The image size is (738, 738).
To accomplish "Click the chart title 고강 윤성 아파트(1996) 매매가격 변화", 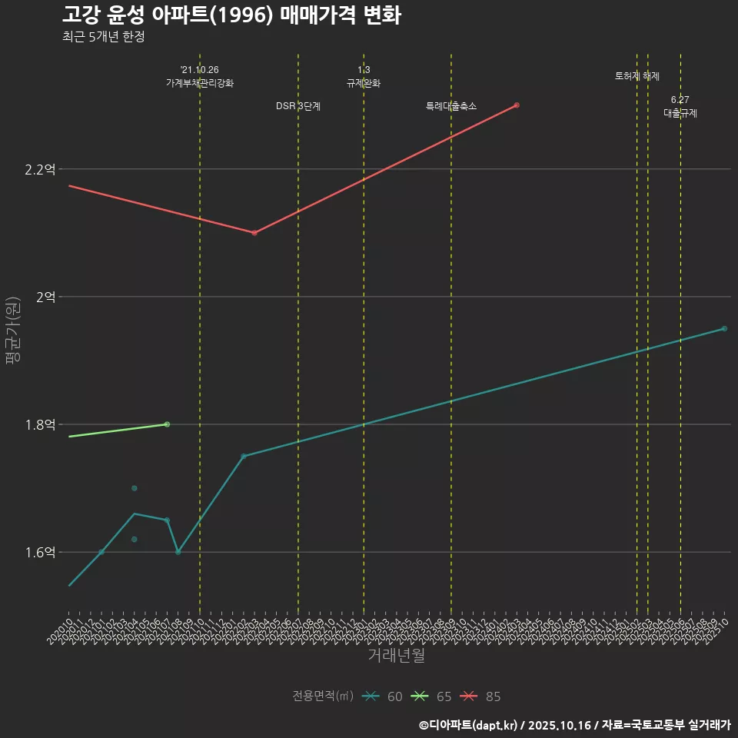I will point(231,15).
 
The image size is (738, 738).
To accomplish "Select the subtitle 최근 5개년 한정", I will point(103,36).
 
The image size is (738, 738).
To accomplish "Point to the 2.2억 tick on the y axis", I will point(41,169).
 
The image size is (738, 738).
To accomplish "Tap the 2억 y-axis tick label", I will point(45,297).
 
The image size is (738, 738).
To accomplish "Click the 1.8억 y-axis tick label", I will point(41,424).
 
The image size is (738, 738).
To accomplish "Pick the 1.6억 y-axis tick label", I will point(41,552).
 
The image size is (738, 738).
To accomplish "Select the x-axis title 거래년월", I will point(396,656).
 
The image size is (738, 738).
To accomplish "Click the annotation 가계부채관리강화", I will point(200,83).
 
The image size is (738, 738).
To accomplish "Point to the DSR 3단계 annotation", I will point(298,106).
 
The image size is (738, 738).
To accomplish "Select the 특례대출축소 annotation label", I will point(451,106).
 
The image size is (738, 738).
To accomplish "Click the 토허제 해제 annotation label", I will point(637,76).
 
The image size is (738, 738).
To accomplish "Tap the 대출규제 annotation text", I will point(680,113).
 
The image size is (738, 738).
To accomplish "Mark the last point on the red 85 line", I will point(517,105).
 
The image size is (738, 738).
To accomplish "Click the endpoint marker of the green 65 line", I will point(167,424).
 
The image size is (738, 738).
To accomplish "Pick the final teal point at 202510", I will point(724,329).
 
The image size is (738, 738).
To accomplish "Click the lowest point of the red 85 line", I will point(254,233).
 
